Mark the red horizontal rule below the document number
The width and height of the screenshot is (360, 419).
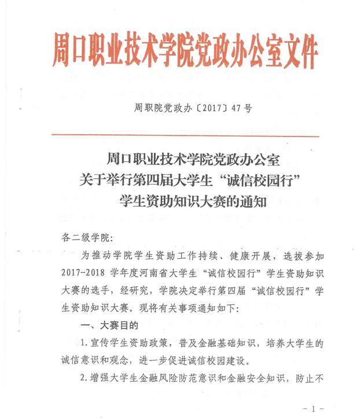point(185,135)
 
